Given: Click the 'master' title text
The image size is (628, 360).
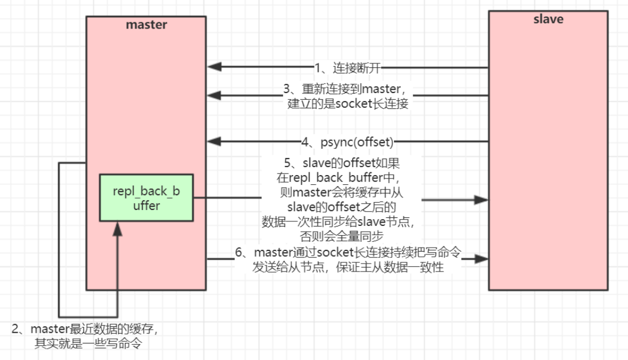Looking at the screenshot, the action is pos(146,25).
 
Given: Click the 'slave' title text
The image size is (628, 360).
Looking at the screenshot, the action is pos(548,19).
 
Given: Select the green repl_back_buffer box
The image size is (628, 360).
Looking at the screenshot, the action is pos(146,198).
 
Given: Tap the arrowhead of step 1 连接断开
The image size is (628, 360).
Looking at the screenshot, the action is pos(214,67).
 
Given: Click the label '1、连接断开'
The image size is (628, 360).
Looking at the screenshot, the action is pos(347,68).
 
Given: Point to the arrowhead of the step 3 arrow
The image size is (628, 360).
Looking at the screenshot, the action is pos(214,95).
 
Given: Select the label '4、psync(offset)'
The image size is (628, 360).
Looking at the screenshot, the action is pos(347,142).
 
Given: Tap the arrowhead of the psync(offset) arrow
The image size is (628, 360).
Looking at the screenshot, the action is pos(214,141).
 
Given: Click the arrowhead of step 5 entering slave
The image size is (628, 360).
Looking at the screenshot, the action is pos(481,200).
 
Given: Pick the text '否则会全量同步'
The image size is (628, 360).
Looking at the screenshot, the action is pos(341,236).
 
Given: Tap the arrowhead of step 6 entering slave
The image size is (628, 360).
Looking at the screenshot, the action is pos(481,258).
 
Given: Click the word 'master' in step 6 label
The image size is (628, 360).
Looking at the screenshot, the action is pos(273,252).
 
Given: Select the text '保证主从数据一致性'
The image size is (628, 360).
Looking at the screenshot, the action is pos(390,267).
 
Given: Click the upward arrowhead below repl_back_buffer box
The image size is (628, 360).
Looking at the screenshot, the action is pos(118,229).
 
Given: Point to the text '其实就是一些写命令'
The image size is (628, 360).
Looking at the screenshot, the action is pos(88,343).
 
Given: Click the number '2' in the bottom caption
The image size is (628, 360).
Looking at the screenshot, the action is pos(15,329).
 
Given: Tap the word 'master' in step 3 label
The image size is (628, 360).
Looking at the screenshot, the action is pos(381,89).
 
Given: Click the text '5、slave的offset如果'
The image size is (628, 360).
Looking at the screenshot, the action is pos(341,163).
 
